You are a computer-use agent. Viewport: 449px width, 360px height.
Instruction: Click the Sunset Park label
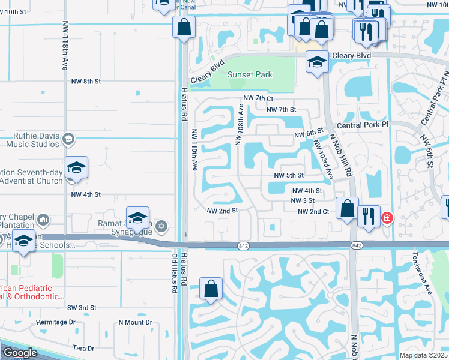(250, 75)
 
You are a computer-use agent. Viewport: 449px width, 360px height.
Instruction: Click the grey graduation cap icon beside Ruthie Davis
(68, 139)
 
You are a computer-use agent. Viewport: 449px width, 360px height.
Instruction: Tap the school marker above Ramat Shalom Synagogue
(137, 218)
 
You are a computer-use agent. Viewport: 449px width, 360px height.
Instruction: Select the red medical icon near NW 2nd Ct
(387, 217)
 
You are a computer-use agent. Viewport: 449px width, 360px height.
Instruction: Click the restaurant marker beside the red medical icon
(369, 216)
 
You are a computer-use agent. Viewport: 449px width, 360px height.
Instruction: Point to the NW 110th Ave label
(194, 150)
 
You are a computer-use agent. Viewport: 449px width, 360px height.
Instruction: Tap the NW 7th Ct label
(258, 98)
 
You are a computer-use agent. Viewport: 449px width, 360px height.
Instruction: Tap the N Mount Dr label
(135, 322)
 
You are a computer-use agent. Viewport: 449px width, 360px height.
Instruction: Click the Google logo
(19, 353)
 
